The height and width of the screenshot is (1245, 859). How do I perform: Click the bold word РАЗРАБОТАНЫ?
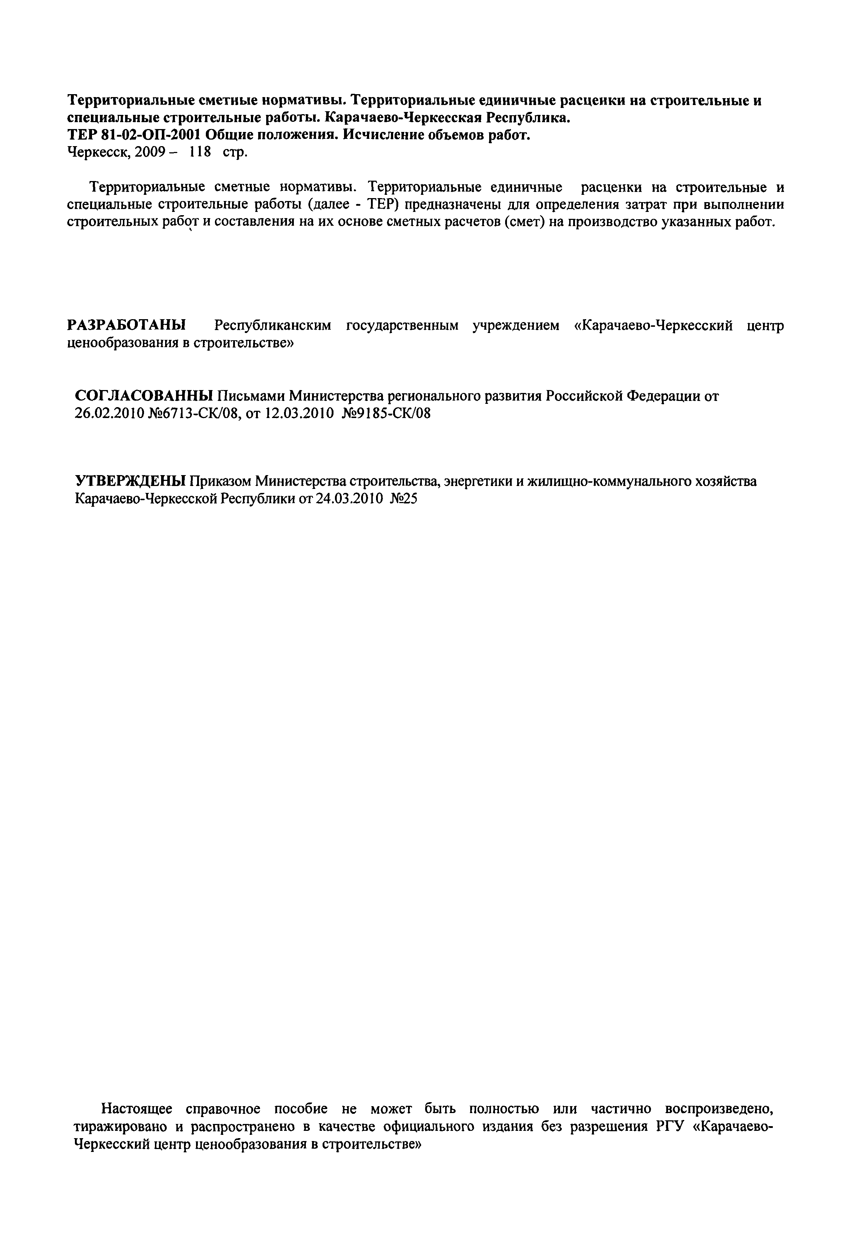pos(127,325)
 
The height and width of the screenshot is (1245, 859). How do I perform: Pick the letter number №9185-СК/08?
pos(387,413)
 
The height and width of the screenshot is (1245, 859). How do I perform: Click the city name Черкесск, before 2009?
pos(99,152)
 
